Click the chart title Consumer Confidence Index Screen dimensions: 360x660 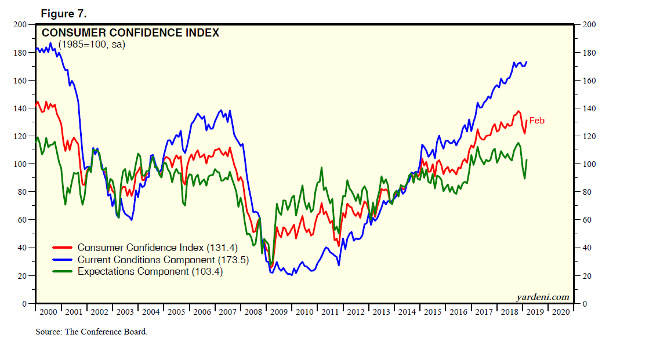pyautogui.click(x=130, y=33)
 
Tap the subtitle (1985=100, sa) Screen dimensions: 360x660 pyautogui.click(x=92, y=45)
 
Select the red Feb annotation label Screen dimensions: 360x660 pyautogui.click(x=536, y=121)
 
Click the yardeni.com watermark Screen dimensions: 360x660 pyautogui.click(x=542, y=297)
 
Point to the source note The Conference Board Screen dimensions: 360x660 pyautogui.click(x=92, y=332)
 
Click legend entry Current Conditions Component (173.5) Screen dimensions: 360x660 pyautogui.click(x=163, y=260)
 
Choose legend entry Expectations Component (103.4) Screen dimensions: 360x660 pyautogui.click(x=150, y=271)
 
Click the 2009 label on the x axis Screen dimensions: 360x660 pyautogui.click(x=279, y=312)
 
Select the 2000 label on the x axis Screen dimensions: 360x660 pyautogui.click(x=48, y=312)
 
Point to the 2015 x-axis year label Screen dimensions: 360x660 pyautogui.click(x=432, y=312)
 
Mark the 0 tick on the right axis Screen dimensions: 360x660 pyautogui.click(x=585, y=304)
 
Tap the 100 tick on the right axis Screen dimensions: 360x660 pyautogui.click(x=589, y=164)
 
